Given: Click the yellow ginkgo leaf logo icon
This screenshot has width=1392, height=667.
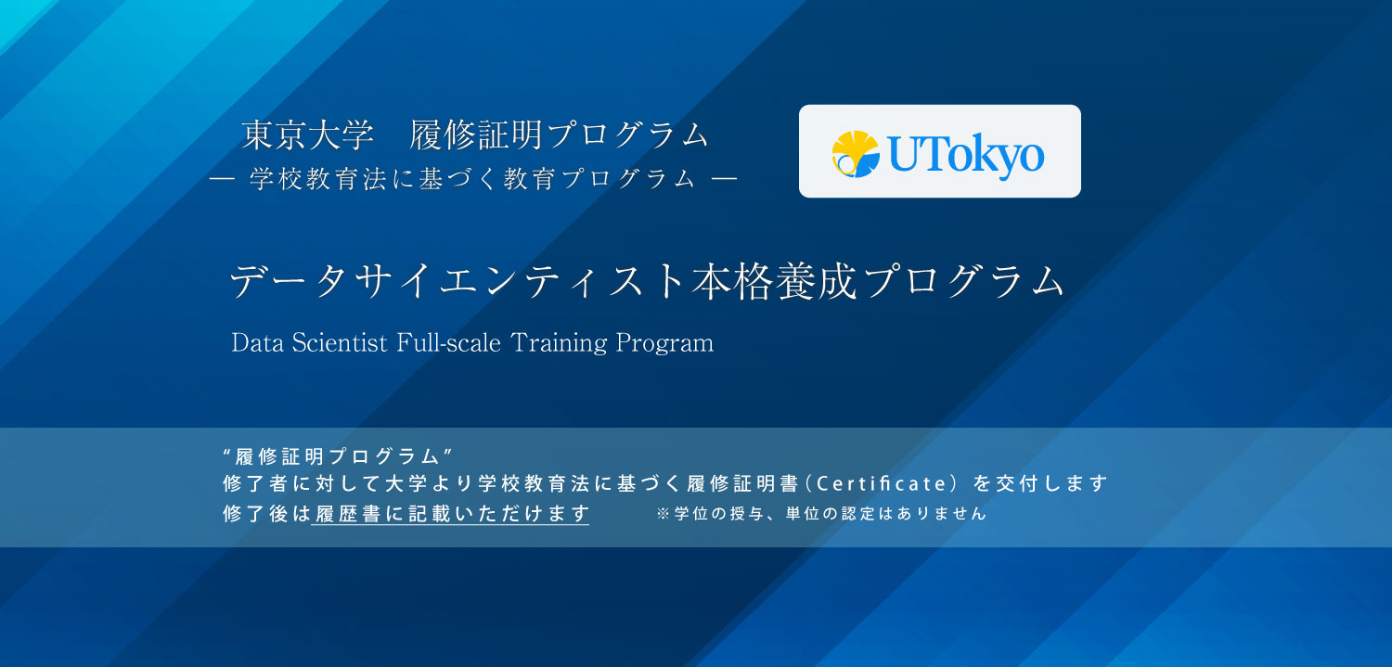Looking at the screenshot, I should [855, 154].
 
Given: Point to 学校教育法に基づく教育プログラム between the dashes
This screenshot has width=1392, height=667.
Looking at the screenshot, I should [472, 179].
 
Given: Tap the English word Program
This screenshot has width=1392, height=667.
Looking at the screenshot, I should [664, 342].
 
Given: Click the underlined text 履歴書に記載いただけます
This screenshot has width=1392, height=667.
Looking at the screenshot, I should [451, 513].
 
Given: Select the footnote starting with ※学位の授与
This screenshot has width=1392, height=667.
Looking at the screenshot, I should [820, 513].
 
